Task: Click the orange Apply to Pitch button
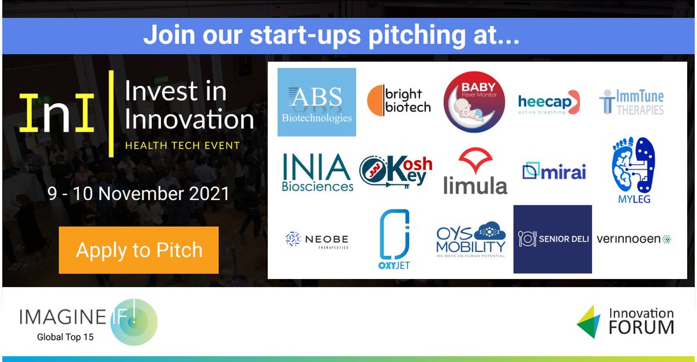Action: (x=139, y=250)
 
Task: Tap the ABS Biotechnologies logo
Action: (x=317, y=103)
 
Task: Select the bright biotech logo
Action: (x=399, y=100)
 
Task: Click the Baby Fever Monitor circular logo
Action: (x=474, y=102)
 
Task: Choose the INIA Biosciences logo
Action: (x=317, y=172)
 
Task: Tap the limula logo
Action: (x=475, y=171)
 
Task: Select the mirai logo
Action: (x=554, y=172)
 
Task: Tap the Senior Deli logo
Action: (x=552, y=239)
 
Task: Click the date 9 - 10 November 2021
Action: (x=139, y=193)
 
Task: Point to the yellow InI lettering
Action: (x=56, y=113)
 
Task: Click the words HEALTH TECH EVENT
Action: (x=182, y=145)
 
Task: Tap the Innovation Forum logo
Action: (x=626, y=321)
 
